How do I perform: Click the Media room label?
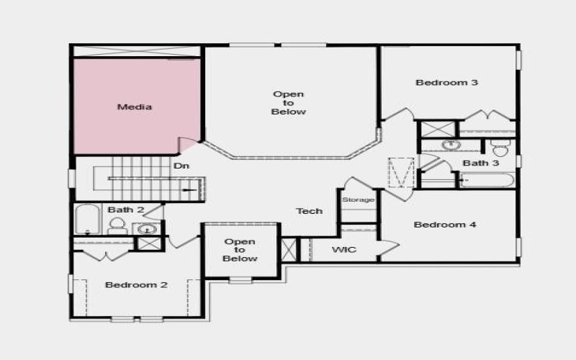pyautogui.click(x=135, y=107)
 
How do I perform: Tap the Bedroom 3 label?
pyautogui.click(x=446, y=82)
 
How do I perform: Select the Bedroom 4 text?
pyautogui.click(x=445, y=225)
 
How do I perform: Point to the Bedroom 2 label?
pyautogui.click(x=136, y=285)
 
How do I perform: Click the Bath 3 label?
pyautogui.click(x=480, y=163)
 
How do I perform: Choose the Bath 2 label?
pyautogui.click(x=126, y=210)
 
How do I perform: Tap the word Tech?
pyautogui.click(x=310, y=211)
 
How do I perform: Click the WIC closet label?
pyautogui.click(x=343, y=250)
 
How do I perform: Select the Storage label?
pyautogui.click(x=358, y=199)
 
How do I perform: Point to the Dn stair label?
pyautogui.click(x=181, y=166)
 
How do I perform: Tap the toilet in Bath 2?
pyautogui.click(x=117, y=226)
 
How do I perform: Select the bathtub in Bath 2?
pyautogui.click(x=87, y=220)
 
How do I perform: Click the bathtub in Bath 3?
pyautogui.click(x=487, y=179)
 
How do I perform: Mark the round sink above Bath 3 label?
pyautogui.click(x=451, y=145)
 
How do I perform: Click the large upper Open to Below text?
pyautogui.click(x=289, y=103)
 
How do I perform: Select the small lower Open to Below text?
pyautogui.click(x=240, y=250)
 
